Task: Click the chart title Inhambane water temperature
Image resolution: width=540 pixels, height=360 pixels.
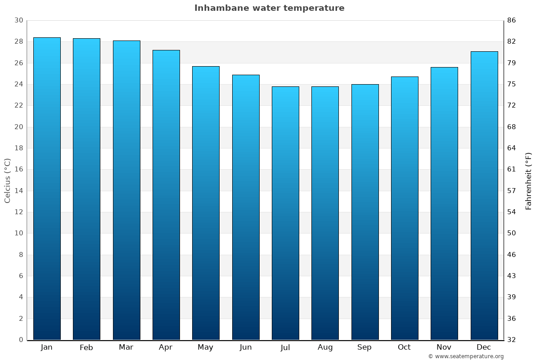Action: point(269,8)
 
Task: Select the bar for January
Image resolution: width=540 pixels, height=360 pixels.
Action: point(47,189)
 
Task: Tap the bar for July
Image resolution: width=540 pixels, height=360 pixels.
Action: point(285,213)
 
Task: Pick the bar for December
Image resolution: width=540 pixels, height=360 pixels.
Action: point(484,196)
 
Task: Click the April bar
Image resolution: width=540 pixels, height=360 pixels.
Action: point(166,195)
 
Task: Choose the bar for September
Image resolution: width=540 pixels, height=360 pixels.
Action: point(365,212)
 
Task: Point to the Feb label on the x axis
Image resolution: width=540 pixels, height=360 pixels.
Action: point(86,347)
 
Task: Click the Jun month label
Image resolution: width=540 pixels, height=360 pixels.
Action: point(246,347)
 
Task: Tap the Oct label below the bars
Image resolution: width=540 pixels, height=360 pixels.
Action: point(404,347)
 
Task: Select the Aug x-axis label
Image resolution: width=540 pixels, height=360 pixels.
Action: point(325,347)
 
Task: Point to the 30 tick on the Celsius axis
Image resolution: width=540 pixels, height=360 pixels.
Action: point(18,20)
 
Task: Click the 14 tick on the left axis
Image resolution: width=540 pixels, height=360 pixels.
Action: point(18,191)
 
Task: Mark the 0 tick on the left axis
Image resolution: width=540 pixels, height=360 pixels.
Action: point(21,340)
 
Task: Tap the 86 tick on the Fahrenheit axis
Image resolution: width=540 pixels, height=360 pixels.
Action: point(512,20)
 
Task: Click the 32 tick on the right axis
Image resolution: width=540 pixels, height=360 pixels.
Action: point(512,340)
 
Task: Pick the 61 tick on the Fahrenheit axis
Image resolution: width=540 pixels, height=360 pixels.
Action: point(512,169)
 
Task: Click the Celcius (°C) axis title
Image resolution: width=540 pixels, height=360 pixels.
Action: point(7,180)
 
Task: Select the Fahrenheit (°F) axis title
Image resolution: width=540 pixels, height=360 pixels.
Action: point(529,180)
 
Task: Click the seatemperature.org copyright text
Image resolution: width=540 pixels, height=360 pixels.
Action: point(466,356)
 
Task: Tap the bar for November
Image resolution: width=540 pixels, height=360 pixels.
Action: point(444,203)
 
